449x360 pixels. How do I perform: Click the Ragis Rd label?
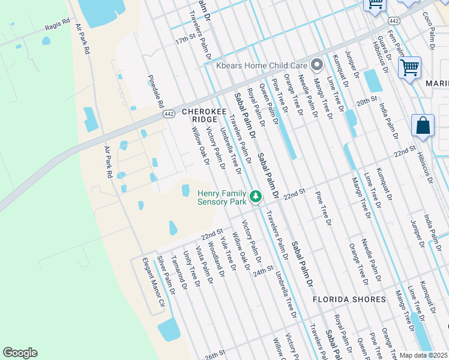click(57, 27)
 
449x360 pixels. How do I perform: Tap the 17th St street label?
click(185, 38)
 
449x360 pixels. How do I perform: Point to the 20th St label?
click(366, 100)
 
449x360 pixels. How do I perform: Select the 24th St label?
click(263, 271)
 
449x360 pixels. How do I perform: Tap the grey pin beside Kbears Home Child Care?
click(317, 64)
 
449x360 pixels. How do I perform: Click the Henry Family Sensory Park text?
click(222, 197)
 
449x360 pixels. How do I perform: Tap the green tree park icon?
click(256, 196)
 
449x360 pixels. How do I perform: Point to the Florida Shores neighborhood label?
click(349, 299)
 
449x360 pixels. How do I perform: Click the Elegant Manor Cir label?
click(152, 281)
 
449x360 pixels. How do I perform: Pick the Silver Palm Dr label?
click(166, 275)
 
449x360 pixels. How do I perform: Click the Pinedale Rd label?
click(156, 91)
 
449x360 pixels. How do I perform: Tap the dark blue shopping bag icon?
click(423, 126)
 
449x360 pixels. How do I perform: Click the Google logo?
click(20, 352)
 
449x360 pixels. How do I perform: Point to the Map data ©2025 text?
click(423, 355)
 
